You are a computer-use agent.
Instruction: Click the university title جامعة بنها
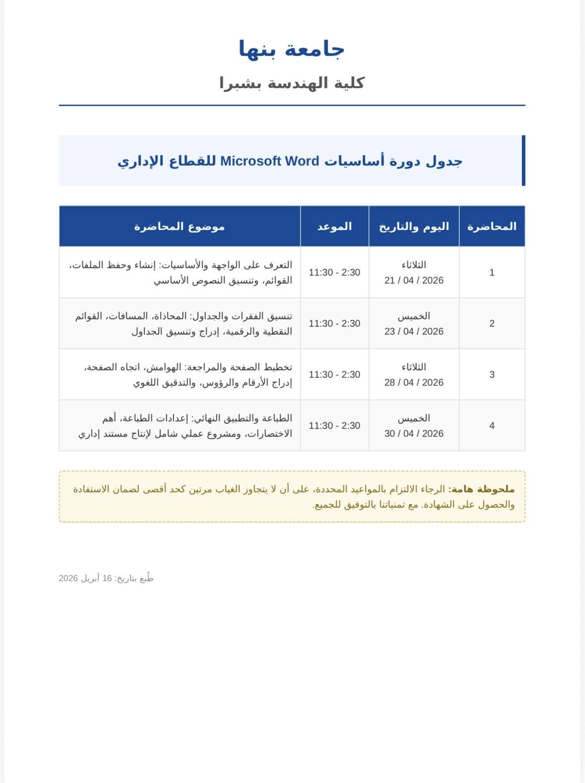[x=292, y=49]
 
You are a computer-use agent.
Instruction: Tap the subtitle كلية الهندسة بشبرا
[x=292, y=83]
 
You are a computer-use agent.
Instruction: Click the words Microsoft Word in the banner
[x=269, y=161]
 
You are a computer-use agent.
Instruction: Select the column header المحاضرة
[x=492, y=227]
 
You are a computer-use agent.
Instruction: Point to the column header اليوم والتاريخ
[x=414, y=227]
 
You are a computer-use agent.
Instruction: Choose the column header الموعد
[x=334, y=227]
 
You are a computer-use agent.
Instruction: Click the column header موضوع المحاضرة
[x=180, y=227]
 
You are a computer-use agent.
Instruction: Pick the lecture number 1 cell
[x=492, y=272]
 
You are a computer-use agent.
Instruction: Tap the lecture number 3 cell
[x=492, y=374]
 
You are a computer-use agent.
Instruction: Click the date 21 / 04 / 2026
[x=414, y=280]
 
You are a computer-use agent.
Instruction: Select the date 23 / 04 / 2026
[x=414, y=331]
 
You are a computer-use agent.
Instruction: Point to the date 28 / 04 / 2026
[x=414, y=382]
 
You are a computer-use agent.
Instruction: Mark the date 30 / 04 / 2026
[x=414, y=433]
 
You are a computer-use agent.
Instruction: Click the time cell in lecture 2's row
[x=334, y=323]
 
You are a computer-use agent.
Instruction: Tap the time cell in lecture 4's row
[x=334, y=425]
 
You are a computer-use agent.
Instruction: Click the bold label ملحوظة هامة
[x=481, y=489]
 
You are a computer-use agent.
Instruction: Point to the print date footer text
[x=106, y=578]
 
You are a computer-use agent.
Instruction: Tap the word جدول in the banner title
[x=445, y=161]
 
